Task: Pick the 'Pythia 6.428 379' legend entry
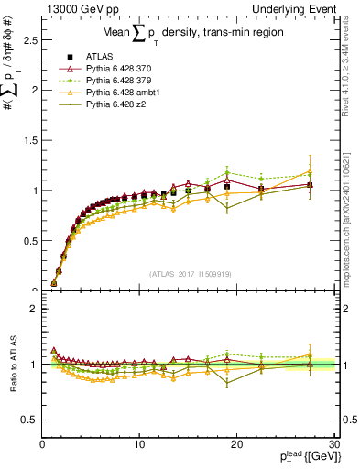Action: click(x=123, y=82)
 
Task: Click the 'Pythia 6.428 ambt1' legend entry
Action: click(x=126, y=93)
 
